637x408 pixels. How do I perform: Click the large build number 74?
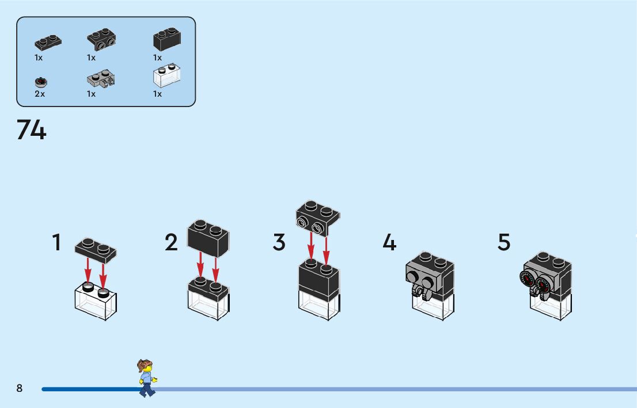[x=31, y=130]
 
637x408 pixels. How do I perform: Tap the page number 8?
[x=20, y=388]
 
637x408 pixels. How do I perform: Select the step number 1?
[x=56, y=242]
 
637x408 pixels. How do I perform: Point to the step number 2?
[x=171, y=242]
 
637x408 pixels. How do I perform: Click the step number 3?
[x=279, y=242]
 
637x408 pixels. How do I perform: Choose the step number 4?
[x=389, y=242]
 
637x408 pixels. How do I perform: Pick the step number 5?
[x=504, y=242]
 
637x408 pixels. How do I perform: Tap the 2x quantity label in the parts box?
[x=39, y=94]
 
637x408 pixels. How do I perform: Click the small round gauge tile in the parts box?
[x=40, y=82]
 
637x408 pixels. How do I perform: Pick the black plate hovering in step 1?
[x=96, y=249]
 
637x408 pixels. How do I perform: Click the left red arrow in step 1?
[x=88, y=270]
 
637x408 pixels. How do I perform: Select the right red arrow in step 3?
[x=326, y=249]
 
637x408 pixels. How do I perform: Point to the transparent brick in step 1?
[x=96, y=302]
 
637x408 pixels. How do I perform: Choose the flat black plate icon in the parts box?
[x=48, y=41]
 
